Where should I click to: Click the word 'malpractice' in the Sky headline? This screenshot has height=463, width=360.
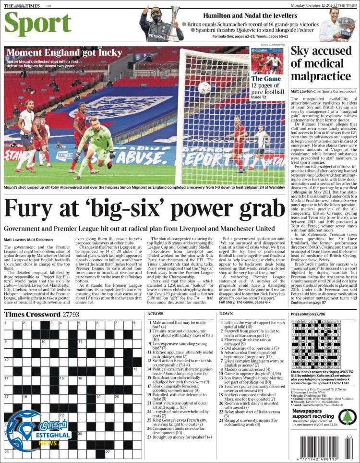(x=320, y=76)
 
